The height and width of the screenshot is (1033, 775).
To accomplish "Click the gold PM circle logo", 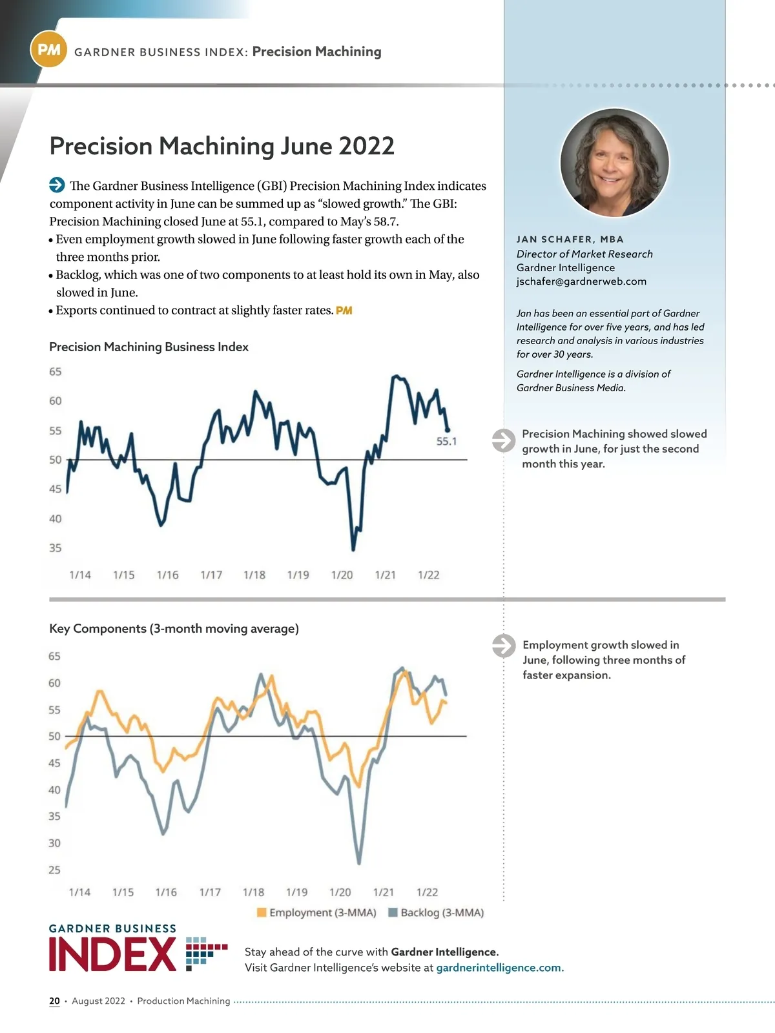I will pyautogui.click(x=48, y=50).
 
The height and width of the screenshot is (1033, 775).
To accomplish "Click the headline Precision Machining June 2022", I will pyautogui.click(x=222, y=146).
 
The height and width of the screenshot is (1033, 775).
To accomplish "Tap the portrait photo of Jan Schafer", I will pyautogui.click(x=614, y=162).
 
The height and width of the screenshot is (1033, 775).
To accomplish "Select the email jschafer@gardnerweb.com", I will pyautogui.click(x=581, y=281).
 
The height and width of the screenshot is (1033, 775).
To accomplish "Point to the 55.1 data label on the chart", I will pyautogui.click(x=446, y=442).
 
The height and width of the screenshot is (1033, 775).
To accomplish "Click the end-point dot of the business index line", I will pyautogui.click(x=448, y=430).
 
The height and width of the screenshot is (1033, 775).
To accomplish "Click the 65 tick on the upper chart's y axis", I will pyautogui.click(x=56, y=372).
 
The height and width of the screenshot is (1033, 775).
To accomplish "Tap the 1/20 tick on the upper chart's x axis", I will pyautogui.click(x=342, y=575).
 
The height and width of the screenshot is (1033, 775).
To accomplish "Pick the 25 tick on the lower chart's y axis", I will pyautogui.click(x=54, y=870).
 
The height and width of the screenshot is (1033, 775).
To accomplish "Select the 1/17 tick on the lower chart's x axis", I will pyautogui.click(x=210, y=892).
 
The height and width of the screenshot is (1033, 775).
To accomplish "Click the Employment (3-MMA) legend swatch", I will pyautogui.click(x=262, y=912).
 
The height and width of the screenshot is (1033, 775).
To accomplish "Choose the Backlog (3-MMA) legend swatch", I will pyautogui.click(x=393, y=912).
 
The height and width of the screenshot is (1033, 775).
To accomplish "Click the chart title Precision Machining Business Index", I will pyautogui.click(x=149, y=347).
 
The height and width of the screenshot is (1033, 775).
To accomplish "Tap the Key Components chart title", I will pyautogui.click(x=174, y=628).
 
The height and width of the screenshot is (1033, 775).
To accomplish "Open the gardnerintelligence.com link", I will pyautogui.click(x=500, y=968).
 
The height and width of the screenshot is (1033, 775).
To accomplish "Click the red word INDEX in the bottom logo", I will pyautogui.click(x=112, y=955).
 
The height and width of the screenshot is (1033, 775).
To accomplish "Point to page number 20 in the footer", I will pyautogui.click(x=54, y=1001).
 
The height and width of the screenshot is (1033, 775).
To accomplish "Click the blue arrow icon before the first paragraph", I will pyautogui.click(x=57, y=185).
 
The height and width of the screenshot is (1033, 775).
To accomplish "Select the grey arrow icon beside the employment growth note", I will pyautogui.click(x=503, y=646).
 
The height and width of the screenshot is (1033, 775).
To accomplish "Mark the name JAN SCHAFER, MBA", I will pyautogui.click(x=570, y=240).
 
